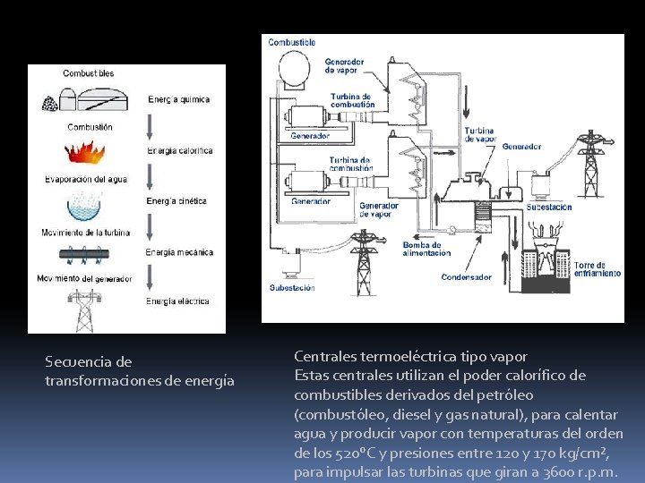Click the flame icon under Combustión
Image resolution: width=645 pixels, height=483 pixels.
[87, 153]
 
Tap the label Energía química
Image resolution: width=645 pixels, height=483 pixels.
[179, 99]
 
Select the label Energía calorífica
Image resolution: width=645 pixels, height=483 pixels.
[180, 150]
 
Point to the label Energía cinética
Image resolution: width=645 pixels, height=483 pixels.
[177, 201]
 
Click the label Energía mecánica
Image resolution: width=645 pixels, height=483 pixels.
[180, 252]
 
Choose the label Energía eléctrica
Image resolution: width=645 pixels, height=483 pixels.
[178, 301]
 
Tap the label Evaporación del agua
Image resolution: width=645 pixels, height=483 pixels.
[86, 179]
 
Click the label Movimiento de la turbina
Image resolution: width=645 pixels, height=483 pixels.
[86, 233]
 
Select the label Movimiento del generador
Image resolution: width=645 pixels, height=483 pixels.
[85, 278]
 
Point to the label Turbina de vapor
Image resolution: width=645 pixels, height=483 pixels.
[479, 134]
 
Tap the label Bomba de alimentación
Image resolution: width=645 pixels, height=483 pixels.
[422, 249]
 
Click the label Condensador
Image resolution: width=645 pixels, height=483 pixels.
[466, 277]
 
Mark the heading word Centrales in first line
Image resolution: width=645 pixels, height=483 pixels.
[326, 356]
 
